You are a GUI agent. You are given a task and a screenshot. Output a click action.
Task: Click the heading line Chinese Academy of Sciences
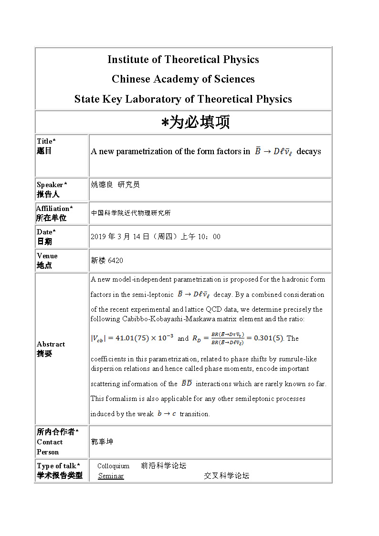pos(183,79)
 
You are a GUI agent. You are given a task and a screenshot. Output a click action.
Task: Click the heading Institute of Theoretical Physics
pos(183,60)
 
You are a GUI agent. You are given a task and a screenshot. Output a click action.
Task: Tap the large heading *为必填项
pos(195,123)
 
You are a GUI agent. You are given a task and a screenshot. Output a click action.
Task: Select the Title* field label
pos(46,141)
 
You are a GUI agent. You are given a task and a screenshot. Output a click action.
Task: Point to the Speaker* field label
pos(52,185)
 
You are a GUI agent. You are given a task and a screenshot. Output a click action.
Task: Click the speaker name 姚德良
pos(102,185)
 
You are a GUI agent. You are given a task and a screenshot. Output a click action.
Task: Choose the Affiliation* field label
pos(54,209)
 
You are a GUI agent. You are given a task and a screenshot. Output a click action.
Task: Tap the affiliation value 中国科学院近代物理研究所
pos(131,213)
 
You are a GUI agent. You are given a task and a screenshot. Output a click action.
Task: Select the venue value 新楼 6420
pos(107,261)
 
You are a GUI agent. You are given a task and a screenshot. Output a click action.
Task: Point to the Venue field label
pos(47,256)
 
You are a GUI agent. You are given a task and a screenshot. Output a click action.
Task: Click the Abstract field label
pos(51,344)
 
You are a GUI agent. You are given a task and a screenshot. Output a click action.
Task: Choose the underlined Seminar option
pos(111,476)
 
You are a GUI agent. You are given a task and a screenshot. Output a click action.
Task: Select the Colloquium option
pos(113,466)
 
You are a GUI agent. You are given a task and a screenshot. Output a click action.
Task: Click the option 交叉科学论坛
pos(226,476)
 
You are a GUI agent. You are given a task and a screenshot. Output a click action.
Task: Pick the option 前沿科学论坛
pos(163,466)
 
